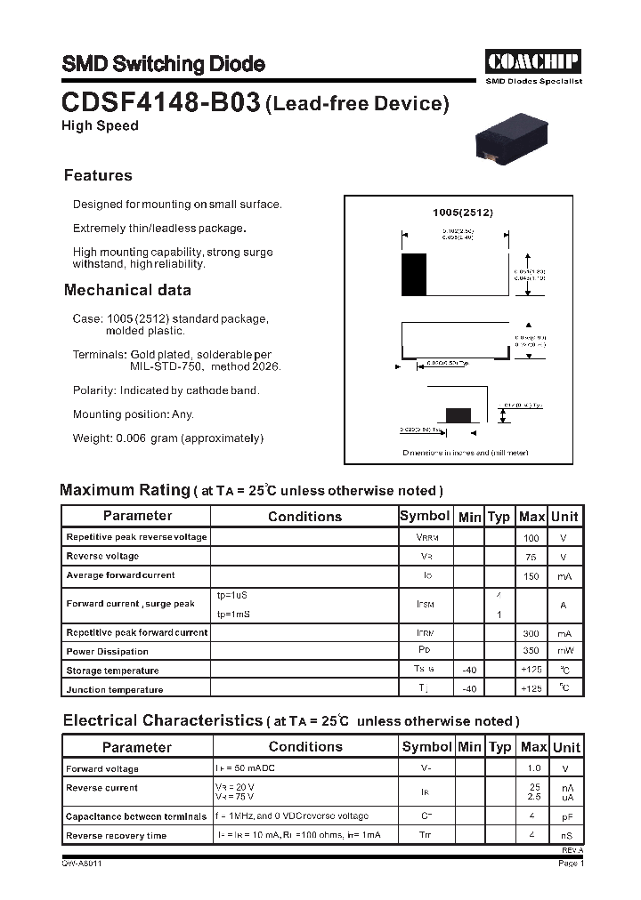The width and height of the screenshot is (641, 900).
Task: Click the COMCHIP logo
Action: (533, 61)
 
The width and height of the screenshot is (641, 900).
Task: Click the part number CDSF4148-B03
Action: (160, 103)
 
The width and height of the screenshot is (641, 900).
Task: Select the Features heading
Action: (98, 175)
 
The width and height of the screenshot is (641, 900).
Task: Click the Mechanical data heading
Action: (127, 290)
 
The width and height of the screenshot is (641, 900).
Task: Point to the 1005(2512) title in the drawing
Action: (462, 213)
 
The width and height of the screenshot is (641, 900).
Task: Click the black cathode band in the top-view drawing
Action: (414, 275)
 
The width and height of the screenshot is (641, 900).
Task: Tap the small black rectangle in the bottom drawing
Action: (458, 414)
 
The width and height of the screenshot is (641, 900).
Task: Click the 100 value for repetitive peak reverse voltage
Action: (531, 538)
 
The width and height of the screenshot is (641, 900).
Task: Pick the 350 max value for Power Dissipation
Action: (531, 652)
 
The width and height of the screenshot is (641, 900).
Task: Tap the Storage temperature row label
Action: (112, 671)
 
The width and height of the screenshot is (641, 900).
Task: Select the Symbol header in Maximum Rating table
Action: (425, 516)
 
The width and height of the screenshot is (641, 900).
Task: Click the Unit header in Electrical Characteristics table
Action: (565, 747)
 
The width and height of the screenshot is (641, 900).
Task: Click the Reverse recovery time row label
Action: (116, 836)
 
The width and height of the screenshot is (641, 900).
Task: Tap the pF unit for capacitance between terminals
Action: (565, 816)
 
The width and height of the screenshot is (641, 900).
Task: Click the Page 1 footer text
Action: (570, 863)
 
